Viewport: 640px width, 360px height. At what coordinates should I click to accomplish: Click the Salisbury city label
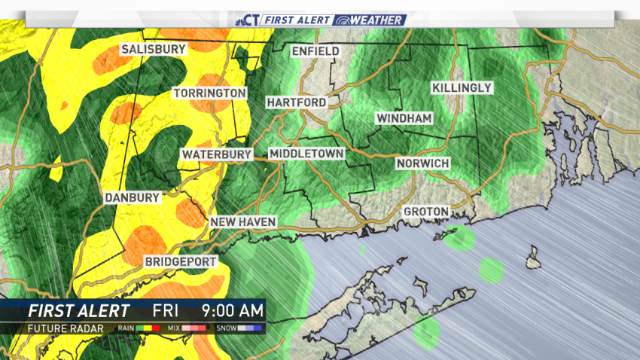(x=154, y=49)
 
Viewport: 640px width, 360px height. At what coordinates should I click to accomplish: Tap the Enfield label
(x=315, y=51)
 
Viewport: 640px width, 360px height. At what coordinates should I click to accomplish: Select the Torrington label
(x=210, y=93)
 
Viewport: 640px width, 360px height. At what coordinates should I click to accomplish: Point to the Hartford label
(x=296, y=102)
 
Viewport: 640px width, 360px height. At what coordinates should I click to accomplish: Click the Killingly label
(x=462, y=88)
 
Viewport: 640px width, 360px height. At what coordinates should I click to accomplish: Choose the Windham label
(x=404, y=119)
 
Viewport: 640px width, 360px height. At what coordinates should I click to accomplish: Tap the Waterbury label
(x=215, y=154)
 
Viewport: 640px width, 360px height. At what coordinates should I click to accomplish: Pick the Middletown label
(x=306, y=154)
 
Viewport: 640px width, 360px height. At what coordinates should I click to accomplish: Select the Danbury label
(x=133, y=197)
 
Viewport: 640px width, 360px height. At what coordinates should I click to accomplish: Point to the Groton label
(x=425, y=212)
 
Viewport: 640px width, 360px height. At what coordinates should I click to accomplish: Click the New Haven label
(x=243, y=221)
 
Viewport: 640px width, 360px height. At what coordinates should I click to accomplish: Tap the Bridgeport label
(x=181, y=261)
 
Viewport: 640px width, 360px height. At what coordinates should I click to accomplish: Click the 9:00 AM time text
(x=232, y=310)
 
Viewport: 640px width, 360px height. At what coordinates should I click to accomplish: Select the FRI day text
(x=166, y=310)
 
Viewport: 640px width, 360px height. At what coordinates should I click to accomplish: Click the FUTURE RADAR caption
(x=61, y=328)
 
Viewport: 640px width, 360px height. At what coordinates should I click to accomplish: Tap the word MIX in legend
(x=175, y=329)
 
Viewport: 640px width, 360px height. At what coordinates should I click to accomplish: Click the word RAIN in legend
(x=126, y=329)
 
